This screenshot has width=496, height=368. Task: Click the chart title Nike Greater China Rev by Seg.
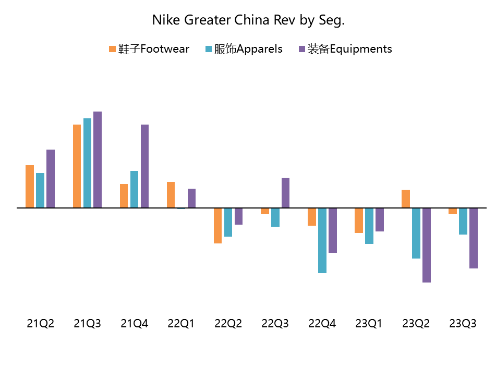[248, 20]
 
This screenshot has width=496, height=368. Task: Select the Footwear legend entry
[149, 49]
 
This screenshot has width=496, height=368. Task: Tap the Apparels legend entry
[244, 49]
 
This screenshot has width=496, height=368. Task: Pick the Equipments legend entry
[345, 49]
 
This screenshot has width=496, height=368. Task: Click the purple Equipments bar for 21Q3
[98, 160]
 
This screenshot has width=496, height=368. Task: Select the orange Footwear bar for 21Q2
[30, 186]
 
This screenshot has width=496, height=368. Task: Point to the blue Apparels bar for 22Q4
[322, 240]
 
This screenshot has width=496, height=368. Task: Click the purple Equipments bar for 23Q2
[427, 245]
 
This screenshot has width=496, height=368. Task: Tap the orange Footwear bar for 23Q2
[406, 199]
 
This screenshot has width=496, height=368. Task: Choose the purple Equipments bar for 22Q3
[285, 192]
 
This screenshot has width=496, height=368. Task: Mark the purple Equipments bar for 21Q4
[144, 166]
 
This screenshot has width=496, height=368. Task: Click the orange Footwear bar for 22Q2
[217, 226]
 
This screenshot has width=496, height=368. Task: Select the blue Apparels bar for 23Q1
[369, 226]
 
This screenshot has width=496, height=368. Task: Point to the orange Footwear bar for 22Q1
[171, 194]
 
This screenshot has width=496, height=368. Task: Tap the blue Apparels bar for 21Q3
[87, 163]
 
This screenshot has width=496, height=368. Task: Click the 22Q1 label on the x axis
[181, 324]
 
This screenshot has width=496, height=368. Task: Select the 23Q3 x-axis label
[463, 324]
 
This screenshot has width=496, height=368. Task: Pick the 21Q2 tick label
[40, 324]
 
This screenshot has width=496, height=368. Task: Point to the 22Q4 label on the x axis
[322, 324]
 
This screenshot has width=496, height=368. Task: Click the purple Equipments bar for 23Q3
[474, 238]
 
